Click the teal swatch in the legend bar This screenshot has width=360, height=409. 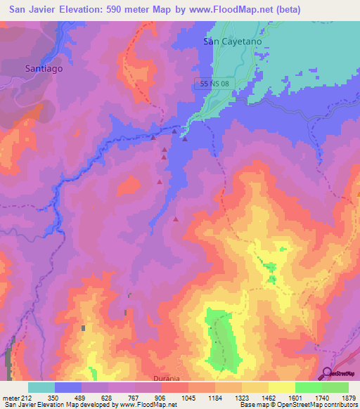coord(41,387)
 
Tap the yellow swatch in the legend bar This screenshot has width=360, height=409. coord(282,387)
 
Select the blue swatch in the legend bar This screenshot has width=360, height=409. coord(68,387)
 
